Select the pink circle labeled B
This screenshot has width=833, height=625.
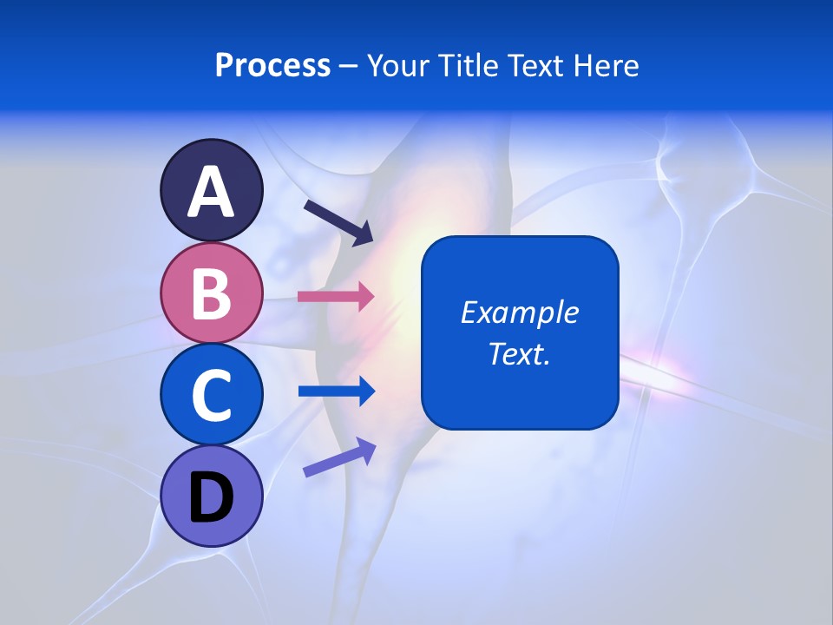click(x=211, y=293)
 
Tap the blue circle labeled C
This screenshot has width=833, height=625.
click(x=211, y=395)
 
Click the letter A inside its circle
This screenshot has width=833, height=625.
click(x=211, y=192)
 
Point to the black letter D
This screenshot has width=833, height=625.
click(x=211, y=499)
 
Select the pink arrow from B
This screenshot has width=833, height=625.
click(x=336, y=296)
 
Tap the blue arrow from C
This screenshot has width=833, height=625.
click(x=336, y=391)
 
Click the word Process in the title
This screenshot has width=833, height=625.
click(x=272, y=65)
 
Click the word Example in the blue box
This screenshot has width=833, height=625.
click(x=520, y=312)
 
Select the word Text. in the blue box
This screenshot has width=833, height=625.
click(x=520, y=353)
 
